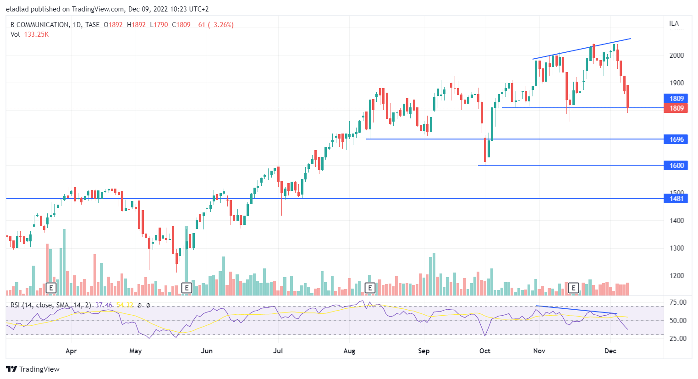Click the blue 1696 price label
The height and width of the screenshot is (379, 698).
[676, 139]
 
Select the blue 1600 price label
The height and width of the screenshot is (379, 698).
[676, 165]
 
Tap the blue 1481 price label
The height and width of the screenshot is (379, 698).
[676, 198]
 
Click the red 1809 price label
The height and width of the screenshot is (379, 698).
[676, 108]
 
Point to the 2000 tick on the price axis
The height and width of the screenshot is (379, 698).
[676, 55]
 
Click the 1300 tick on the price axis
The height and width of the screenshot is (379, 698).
[676, 248]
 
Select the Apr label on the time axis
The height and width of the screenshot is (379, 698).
[71, 351]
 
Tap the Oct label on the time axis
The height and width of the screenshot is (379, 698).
[485, 351]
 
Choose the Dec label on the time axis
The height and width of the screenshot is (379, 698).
[610, 351]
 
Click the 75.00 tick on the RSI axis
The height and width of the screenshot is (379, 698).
[678, 302]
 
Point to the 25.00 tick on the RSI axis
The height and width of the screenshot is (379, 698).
[678, 339]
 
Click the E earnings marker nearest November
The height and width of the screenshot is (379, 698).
[573, 288]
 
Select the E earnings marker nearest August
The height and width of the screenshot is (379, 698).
[370, 288]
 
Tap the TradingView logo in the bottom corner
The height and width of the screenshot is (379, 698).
[33, 369]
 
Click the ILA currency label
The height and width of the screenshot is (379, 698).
[674, 23]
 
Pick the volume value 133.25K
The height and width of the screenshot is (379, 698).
[36, 34]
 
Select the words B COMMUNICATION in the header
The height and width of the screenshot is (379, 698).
[40, 25]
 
